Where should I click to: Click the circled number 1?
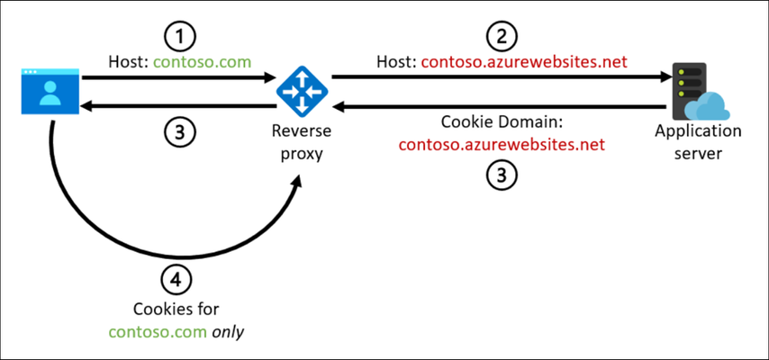(179, 37)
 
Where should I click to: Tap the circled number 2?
(502, 37)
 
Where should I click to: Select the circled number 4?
(176, 280)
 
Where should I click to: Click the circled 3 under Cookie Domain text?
(502, 175)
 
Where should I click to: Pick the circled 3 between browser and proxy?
(179, 132)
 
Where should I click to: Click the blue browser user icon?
(50, 91)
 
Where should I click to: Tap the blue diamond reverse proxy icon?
(302, 91)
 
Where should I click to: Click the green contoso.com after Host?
(202, 62)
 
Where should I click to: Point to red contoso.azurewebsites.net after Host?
(524, 62)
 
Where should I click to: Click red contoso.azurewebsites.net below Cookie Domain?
(502, 145)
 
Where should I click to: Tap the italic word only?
(228, 332)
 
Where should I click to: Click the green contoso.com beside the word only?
(158, 332)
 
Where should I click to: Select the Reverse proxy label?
(302, 142)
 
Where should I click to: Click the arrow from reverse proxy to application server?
(502, 77)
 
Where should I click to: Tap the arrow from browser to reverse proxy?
(178, 77)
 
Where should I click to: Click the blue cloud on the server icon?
(707, 106)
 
